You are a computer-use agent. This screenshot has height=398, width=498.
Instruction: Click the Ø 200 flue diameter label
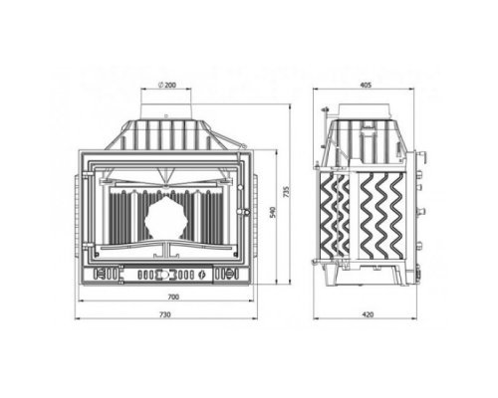coord(167,85)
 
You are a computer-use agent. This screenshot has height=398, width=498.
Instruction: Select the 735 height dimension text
coord(288,192)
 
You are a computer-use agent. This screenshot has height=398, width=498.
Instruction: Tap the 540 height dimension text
coord(273,212)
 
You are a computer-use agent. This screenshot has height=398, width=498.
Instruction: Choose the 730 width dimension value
coord(165,314)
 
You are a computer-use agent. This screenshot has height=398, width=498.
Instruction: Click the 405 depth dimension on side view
coord(366,85)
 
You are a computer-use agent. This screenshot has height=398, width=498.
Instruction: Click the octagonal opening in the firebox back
coord(161,217)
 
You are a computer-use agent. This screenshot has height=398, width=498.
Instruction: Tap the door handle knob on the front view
coord(246,211)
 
